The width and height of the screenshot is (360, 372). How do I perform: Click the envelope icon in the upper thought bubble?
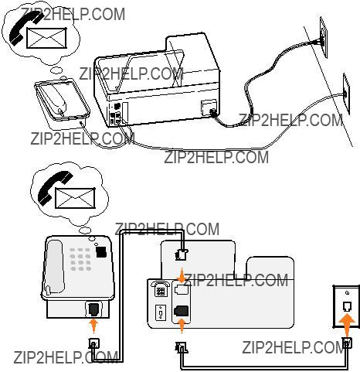tap(46, 38)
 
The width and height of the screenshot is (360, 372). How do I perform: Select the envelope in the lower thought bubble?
tap(75, 198)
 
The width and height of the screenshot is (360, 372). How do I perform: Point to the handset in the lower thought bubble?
tap(55, 187)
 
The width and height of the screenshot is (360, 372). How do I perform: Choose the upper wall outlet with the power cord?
tap(324, 38)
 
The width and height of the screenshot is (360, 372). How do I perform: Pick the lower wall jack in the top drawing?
tap(346, 94)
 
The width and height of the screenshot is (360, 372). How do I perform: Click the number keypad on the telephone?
tap(80, 259)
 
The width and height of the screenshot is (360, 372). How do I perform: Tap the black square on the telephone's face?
tap(101, 252)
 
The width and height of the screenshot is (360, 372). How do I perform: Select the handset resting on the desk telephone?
tap(56, 267)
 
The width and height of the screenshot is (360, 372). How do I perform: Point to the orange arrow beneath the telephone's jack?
tap(93, 326)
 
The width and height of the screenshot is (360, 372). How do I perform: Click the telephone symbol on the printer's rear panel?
tap(160, 288)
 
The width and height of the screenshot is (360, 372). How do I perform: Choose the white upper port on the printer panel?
tap(182, 289)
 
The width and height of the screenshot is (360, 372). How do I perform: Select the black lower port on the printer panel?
tap(182, 311)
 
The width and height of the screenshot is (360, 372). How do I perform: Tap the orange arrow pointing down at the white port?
tap(182, 275)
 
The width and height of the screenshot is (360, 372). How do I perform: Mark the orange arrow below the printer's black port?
tap(182, 326)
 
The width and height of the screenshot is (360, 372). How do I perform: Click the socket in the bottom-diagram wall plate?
tap(347, 306)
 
